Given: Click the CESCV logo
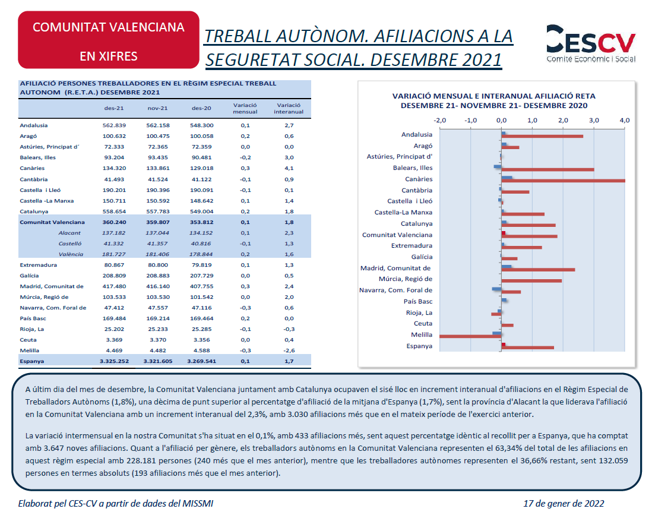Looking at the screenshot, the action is pyautogui.click(x=591, y=43).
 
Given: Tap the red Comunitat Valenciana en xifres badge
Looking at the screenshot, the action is pyautogui.click(x=109, y=40).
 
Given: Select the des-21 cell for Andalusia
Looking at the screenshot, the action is pyautogui.click(x=114, y=125).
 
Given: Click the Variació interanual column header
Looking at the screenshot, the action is pyautogui.click(x=289, y=108).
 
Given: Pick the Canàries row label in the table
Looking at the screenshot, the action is pyautogui.click(x=32, y=168).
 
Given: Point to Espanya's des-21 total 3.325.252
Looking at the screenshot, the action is pyautogui.click(x=114, y=361).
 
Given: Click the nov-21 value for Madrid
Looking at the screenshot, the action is pyautogui.click(x=158, y=286).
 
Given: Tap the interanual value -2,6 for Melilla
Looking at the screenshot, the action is pyautogui.click(x=289, y=350).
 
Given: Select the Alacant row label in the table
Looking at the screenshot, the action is pyautogui.click(x=69, y=233).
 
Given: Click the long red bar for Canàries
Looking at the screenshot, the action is pyautogui.click(x=563, y=181).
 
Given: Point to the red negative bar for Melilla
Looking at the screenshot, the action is pyautogui.click(x=470, y=336).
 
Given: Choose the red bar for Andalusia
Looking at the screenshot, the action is pyautogui.click(x=542, y=136).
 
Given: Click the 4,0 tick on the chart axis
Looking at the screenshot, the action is pyautogui.click(x=625, y=121).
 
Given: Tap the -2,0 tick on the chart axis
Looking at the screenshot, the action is pyautogui.click(x=440, y=121).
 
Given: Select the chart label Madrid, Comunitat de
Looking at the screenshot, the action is pyautogui.click(x=395, y=268).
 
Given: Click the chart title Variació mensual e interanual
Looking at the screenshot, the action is pyautogui.click(x=493, y=100).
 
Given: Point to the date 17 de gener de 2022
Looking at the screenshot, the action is pyautogui.click(x=564, y=503).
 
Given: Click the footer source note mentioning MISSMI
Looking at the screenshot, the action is pyautogui.click(x=116, y=503).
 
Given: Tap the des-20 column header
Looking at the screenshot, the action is pyautogui.click(x=201, y=108).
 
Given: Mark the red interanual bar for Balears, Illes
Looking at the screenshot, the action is pyautogui.click(x=548, y=169).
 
